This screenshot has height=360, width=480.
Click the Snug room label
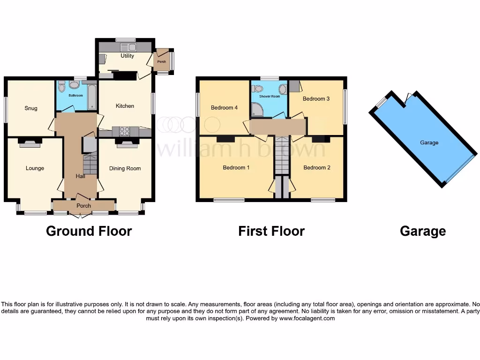(x=31, y=108)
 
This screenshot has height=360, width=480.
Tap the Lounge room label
(x=35, y=168)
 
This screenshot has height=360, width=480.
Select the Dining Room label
(x=125, y=168)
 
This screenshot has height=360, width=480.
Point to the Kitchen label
(x=125, y=106)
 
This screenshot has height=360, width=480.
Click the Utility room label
(x=127, y=56)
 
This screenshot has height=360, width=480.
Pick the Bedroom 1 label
(x=236, y=167)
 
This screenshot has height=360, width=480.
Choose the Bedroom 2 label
(x=317, y=167)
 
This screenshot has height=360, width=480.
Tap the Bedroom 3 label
(x=316, y=99)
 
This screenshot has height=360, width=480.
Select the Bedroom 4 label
(x=224, y=108)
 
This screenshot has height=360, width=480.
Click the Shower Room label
(x=269, y=97)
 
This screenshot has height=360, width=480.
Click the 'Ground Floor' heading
(x=89, y=231)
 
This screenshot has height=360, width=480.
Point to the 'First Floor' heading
(x=271, y=231)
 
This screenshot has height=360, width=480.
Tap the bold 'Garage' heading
(x=423, y=231)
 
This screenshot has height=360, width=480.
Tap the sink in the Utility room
(x=127, y=47)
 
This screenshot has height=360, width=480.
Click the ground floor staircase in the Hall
(x=89, y=164)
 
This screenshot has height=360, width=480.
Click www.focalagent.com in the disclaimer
(x=307, y=318)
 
